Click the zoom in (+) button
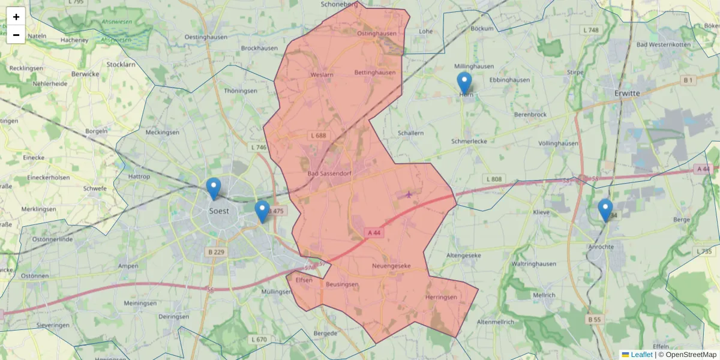click(16, 17)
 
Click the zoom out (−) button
click(16, 35)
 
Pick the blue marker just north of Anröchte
click(605, 210)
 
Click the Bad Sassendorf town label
click(329, 173)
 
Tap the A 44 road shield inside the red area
click(374, 232)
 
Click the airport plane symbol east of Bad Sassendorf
click(409, 194)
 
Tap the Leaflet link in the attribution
click(641, 355)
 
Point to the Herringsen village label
click(441, 297)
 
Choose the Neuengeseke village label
click(391, 265)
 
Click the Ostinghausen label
click(377, 34)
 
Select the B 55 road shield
click(594, 320)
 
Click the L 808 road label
click(492, 179)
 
